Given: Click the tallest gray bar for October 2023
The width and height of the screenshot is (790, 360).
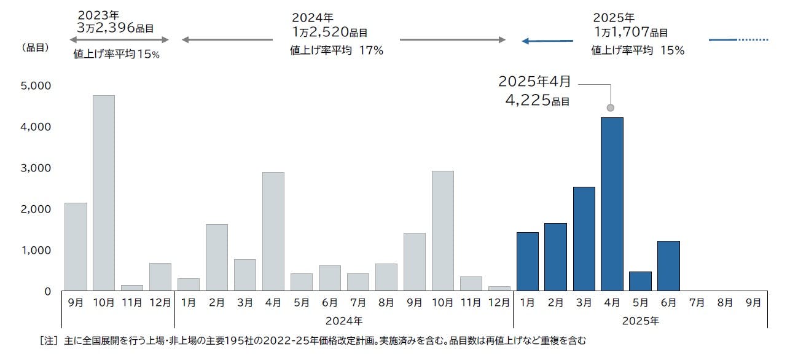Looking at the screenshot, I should click(104, 193).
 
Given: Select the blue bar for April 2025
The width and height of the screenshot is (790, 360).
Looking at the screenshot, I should click(612, 204).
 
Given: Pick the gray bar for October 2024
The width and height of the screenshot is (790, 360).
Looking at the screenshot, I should click(443, 230).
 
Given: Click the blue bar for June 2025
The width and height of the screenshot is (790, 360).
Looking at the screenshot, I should click(668, 265).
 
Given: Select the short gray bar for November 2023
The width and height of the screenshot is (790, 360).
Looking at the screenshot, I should click(132, 288).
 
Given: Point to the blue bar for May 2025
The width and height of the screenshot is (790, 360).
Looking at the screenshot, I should click(640, 281).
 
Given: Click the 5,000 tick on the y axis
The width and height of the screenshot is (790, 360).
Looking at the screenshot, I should click(36, 85).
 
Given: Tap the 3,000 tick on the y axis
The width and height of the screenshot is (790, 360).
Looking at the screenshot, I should click(36, 168).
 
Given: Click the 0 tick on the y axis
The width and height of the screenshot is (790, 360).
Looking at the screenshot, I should click(47, 291).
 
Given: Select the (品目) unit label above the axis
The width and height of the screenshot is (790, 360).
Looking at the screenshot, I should click(35, 47).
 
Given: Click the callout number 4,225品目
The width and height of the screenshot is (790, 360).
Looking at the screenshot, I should click(537, 100).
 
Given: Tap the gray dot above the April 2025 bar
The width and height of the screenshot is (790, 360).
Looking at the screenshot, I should click(610, 108).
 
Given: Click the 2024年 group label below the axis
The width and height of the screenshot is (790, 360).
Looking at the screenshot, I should click(344, 320).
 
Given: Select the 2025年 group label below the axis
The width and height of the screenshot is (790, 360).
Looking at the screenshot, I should click(640, 320).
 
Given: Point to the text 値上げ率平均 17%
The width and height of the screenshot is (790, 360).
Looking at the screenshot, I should click(337, 51).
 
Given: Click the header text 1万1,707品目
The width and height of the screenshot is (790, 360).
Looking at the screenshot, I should click(630, 32).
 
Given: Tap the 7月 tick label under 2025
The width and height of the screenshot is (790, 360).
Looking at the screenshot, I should click(697, 302).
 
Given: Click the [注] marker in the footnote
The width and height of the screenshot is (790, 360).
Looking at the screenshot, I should click(48, 340).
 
